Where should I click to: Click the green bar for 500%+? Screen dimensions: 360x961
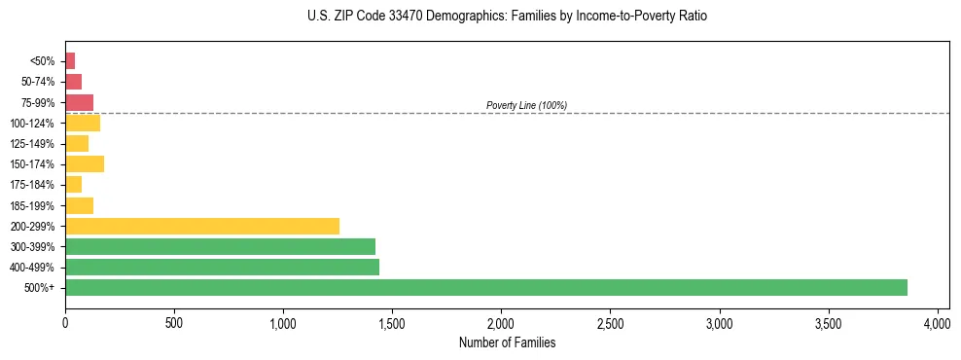pyautogui.click(x=486, y=287)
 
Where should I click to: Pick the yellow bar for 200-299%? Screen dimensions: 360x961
pyautogui.click(x=202, y=226)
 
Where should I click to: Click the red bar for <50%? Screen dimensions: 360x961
pyautogui.click(x=70, y=60)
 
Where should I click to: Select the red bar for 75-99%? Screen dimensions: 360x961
pyautogui.click(x=79, y=102)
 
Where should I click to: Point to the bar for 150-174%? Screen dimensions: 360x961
pyautogui.click(x=85, y=163)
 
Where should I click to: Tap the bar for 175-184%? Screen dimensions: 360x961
pyautogui.click(x=73, y=184)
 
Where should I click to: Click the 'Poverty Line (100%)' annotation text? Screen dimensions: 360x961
pyautogui.click(x=526, y=105)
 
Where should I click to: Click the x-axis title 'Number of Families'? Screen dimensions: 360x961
pyautogui.click(x=507, y=342)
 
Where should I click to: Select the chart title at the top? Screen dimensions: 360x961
pyautogui.click(x=507, y=17)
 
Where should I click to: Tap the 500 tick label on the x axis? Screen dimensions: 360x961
pyautogui.click(x=174, y=322)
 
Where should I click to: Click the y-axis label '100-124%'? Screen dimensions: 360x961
pyautogui.click(x=32, y=124)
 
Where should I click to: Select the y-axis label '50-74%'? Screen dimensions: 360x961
pyautogui.click(x=37, y=82)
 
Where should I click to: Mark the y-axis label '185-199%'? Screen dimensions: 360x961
pyautogui.click(x=32, y=205)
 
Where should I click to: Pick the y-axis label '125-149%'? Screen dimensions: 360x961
pyautogui.click(x=32, y=144)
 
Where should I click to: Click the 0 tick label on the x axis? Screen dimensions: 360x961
pyautogui.click(x=65, y=322)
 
